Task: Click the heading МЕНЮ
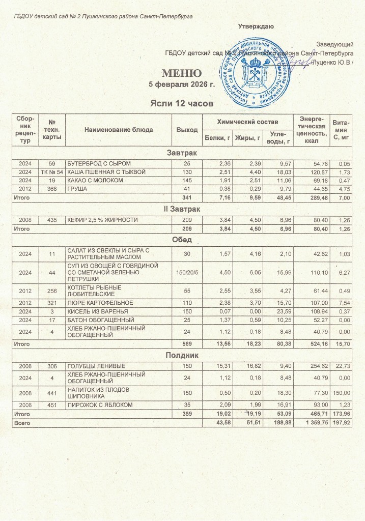coord(182,72)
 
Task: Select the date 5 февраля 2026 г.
coord(182,84)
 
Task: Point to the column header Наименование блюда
coord(120,130)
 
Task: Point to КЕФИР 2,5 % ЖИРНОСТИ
coord(101,220)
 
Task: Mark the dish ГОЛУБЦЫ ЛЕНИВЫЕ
coord(97,366)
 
